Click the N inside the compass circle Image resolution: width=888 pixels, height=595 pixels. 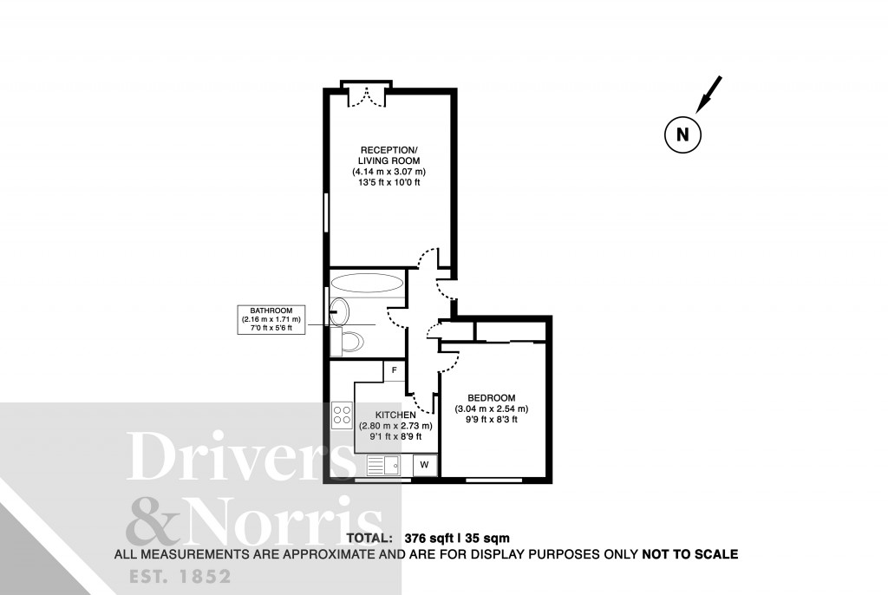[x=682, y=134]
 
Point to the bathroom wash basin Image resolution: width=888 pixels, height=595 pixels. [x=339, y=312]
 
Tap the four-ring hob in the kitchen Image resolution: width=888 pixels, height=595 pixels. [x=341, y=415]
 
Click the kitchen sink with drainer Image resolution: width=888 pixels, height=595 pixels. [x=382, y=467]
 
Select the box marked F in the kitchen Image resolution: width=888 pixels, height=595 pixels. [x=395, y=371]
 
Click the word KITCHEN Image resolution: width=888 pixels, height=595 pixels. [x=395, y=415]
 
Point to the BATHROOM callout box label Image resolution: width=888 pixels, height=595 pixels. [x=271, y=319]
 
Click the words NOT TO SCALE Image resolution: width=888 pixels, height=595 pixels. [x=689, y=553]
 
